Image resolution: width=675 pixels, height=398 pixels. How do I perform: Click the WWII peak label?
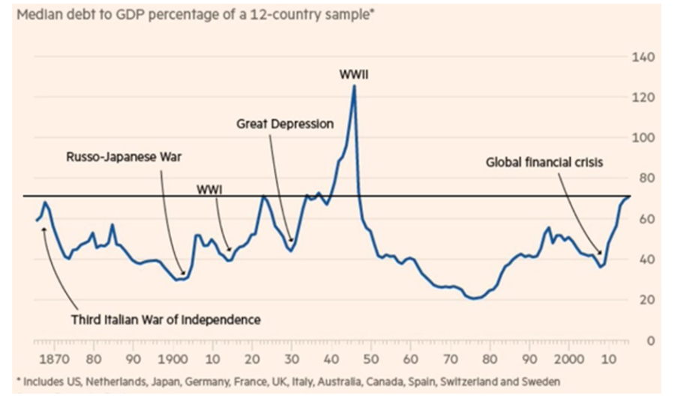(x=353, y=74)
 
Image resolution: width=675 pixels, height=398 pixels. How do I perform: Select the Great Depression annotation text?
(x=284, y=124)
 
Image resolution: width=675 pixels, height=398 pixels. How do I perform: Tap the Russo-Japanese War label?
(x=114, y=157)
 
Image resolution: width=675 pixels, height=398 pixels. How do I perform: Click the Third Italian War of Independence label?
(x=166, y=319)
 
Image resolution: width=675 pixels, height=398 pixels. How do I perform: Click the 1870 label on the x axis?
(x=55, y=358)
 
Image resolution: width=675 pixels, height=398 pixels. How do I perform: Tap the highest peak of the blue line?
(x=354, y=85)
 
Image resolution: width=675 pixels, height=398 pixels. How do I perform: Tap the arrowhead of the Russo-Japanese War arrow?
(x=183, y=275)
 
